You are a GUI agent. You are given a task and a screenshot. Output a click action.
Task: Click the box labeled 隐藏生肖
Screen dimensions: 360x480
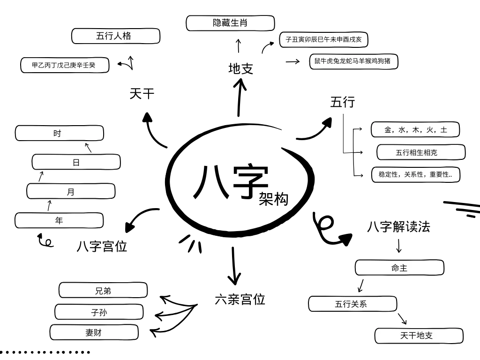[230, 23]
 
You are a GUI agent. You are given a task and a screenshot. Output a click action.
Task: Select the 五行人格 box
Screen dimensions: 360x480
[116, 36]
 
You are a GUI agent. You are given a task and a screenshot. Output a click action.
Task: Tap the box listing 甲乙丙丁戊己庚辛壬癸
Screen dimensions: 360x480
[65, 65]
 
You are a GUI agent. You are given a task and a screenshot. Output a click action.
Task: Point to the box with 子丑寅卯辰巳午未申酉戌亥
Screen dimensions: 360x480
[323, 40]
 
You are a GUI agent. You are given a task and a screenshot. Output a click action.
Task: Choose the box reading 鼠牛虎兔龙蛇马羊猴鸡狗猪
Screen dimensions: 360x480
[353, 61]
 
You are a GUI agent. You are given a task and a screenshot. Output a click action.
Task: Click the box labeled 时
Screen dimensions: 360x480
[59, 133]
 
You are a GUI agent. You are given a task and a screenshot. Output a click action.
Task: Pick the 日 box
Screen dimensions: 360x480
[76, 162]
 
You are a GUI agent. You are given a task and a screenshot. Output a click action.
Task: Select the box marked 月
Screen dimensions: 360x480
[71, 191]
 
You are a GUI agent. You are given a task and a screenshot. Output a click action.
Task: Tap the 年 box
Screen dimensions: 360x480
[59, 220]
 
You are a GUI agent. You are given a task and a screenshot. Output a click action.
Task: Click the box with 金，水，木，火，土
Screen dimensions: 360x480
[415, 130]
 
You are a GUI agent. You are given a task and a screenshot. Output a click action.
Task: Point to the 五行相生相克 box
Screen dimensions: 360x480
[421, 152]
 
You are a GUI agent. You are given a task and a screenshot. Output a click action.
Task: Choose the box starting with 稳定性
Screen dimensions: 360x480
[416, 175]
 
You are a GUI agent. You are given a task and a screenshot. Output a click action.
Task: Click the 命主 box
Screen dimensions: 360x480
[399, 268]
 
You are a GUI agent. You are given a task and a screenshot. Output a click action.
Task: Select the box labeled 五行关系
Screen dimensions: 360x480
[352, 304]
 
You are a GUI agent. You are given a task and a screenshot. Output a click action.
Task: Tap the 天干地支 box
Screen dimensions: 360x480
[419, 336]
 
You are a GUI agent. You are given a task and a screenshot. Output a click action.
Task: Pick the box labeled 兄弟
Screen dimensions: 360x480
[103, 291]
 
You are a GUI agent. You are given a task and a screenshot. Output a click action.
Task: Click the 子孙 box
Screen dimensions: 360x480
[99, 312]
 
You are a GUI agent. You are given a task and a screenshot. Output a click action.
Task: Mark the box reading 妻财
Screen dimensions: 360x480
[94, 333]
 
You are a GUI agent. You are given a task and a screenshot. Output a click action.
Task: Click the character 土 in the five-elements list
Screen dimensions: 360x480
[443, 130]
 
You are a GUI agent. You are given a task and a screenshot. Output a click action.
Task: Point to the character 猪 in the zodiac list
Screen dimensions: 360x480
[387, 61]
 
